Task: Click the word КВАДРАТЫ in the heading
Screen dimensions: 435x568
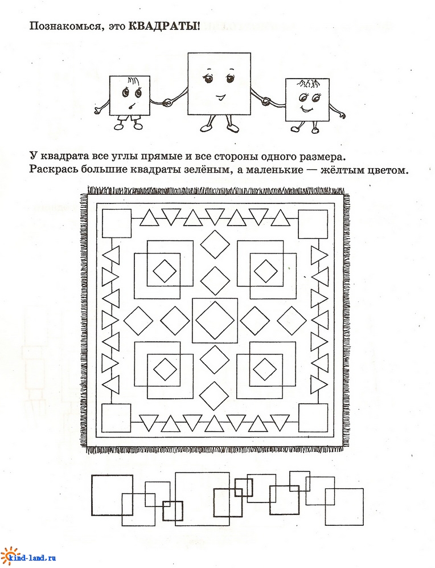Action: tap(163, 26)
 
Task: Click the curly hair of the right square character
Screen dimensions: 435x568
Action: tap(307, 84)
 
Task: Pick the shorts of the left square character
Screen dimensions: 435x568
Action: tap(128, 118)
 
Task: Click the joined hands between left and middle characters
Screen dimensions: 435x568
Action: tap(167, 103)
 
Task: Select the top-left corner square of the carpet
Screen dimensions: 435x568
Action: tap(117, 223)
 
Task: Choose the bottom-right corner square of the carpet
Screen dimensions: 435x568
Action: tap(313, 418)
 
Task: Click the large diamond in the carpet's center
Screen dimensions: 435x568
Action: tap(215, 320)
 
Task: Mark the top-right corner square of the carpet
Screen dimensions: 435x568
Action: tap(313, 223)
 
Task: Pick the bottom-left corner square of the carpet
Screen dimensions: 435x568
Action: tap(116, 418)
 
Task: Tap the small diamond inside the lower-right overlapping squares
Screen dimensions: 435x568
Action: tap(264, 370)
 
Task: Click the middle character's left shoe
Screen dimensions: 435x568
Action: tap(206, 129)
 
